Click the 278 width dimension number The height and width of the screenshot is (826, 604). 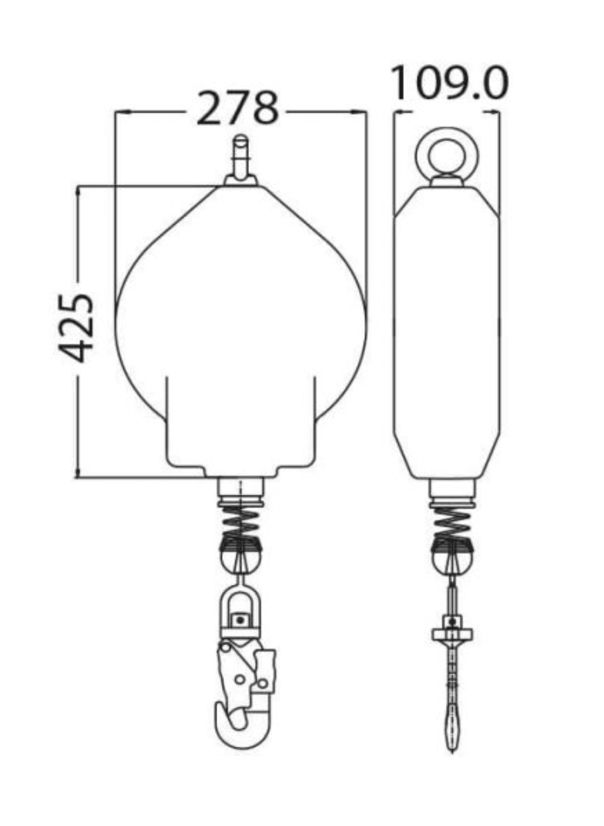pyautogui.click(x=237, y=109)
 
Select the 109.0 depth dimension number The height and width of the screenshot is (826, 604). pyautogui.click(x=449, y=84)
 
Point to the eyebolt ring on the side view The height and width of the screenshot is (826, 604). pyautogui.click(x=447, y=153)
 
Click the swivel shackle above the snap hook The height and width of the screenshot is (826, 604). pyautogui.click(x=241, y=609)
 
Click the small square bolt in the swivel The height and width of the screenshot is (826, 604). pyautogui.click(x=241, y=619)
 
